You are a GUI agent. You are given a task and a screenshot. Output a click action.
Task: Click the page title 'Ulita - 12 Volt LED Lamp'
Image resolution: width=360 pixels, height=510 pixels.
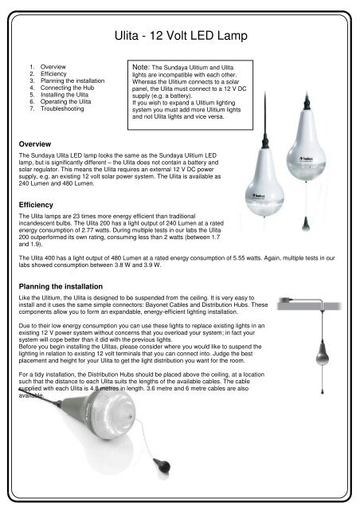click(181, 35)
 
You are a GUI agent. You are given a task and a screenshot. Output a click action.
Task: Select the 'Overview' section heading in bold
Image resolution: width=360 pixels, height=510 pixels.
click(35, 144)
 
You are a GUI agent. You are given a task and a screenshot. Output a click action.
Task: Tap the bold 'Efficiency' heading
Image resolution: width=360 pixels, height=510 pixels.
click(36, 205)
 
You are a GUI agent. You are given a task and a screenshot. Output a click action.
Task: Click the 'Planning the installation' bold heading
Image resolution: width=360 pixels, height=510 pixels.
click(61, 287)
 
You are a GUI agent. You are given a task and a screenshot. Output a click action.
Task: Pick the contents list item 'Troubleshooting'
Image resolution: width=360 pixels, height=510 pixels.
click(62, 108)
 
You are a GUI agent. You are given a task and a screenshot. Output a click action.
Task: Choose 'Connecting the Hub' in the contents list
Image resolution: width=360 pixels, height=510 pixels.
click(67, 88)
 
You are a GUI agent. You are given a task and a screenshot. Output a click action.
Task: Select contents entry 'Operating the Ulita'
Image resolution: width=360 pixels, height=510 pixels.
click(65, 101)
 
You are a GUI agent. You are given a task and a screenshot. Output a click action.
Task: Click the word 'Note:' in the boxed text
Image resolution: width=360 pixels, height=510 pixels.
click(141, 67)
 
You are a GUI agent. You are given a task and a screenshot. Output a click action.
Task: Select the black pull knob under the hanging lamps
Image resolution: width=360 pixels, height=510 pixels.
click(305, 224)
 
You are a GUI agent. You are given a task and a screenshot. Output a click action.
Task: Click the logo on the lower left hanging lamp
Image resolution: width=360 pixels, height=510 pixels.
click(259, 196)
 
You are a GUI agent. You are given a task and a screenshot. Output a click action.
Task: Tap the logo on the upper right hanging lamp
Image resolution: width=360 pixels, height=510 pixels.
click(306, 159)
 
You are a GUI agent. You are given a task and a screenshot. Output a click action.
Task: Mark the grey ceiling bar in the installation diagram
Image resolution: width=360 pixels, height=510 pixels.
click(309, 306)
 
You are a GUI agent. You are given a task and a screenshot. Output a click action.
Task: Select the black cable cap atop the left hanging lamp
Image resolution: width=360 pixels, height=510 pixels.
click(265, 142)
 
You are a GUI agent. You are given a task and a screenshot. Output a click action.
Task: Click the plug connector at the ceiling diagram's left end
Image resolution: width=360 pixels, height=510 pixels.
click(285, 300)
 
